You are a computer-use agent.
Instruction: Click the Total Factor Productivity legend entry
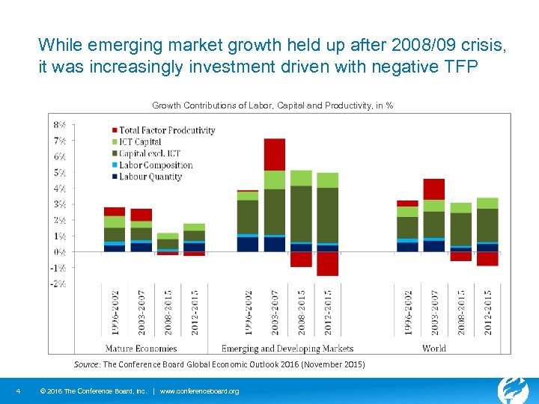point(166,130)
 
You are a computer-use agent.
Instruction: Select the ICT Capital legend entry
point(140,142)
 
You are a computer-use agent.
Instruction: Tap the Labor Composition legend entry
point(156,165)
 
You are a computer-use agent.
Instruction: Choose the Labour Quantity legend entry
point(150,177)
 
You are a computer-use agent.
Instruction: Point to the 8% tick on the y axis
point(58,124)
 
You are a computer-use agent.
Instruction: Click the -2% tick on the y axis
point(58,284)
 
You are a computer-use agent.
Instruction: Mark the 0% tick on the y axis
point(58,252)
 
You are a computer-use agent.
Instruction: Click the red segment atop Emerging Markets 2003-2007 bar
point(275,154)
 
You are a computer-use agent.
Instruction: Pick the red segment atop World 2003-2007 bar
point(434,189)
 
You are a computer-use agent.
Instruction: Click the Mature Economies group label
point(141,349)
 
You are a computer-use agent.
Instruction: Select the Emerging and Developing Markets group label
point(287,349)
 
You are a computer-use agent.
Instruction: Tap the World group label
point(434,349)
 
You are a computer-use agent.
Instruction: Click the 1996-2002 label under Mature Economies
point(115,312)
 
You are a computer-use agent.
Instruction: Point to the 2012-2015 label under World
point(487,312)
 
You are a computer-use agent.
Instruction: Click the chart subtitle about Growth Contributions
point(272,105)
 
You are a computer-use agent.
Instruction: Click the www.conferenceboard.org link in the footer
point(200,391)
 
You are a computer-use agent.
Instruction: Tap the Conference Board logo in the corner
point(514,389)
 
